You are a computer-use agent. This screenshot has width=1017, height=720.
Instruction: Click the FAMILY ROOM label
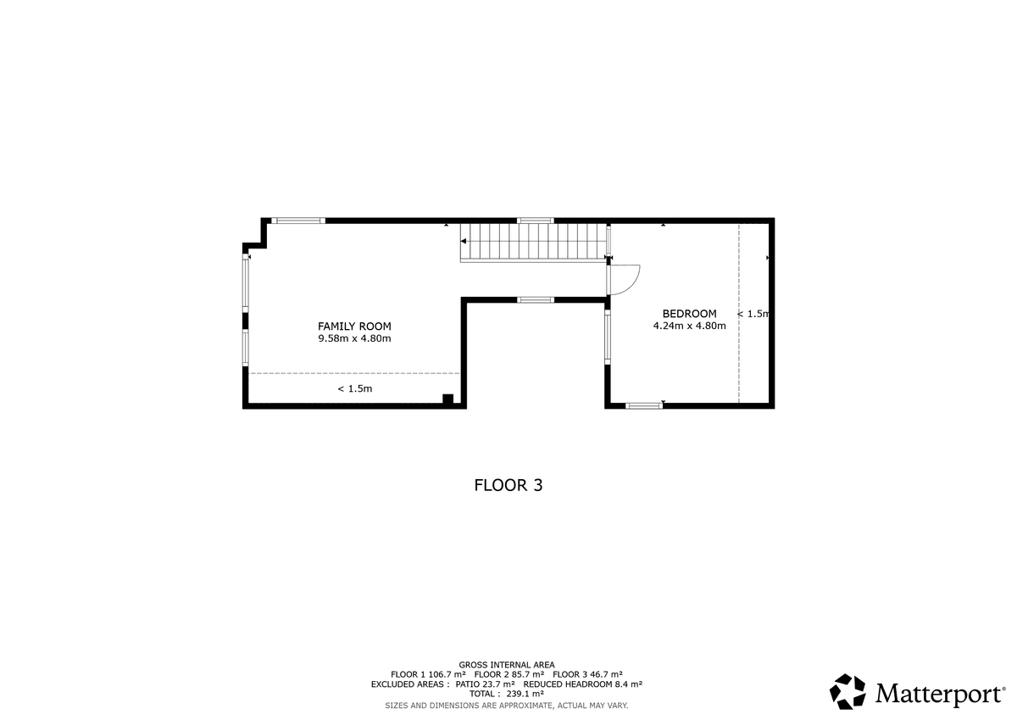354,327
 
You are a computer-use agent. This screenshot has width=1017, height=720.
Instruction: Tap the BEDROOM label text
689,314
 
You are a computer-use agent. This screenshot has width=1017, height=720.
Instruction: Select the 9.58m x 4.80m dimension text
354,338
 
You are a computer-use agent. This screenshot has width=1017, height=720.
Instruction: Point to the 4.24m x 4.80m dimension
689,326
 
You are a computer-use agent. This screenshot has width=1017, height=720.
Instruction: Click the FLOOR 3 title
508,485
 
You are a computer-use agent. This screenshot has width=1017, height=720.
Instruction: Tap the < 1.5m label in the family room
354,389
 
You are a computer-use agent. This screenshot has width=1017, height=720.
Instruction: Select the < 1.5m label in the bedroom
753,314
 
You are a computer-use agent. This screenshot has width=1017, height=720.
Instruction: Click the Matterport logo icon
847,691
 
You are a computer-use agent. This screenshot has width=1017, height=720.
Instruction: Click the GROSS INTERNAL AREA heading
507,665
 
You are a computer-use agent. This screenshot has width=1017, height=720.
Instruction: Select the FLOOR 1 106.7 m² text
428,674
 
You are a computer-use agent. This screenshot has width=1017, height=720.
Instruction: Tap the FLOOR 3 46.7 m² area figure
587,674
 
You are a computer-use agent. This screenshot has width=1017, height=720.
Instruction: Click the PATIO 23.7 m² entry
486,684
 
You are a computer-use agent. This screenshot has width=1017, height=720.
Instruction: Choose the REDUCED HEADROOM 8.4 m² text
583,684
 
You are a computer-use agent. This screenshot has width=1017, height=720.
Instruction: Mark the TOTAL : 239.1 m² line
507,694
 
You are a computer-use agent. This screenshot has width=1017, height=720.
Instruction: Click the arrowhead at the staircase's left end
463,241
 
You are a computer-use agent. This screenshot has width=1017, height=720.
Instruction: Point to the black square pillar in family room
448,399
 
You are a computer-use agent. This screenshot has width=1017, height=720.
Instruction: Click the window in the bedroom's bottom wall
644,405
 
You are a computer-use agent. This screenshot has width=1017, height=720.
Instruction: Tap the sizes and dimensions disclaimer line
507,706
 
